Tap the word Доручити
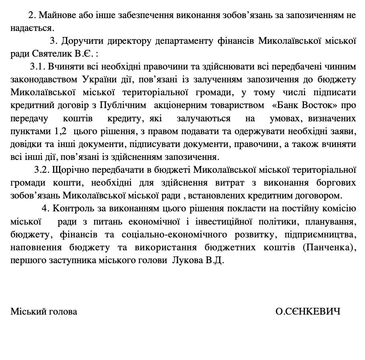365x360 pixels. [x=86, y=41]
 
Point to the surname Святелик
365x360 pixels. [x=49, y=53]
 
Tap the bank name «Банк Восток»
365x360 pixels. [x=307, y=106]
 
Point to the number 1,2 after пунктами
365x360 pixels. [x=58, y=132]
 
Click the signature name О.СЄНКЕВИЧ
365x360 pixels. [x=308, y=311]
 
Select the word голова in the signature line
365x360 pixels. [x=63, y=311]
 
